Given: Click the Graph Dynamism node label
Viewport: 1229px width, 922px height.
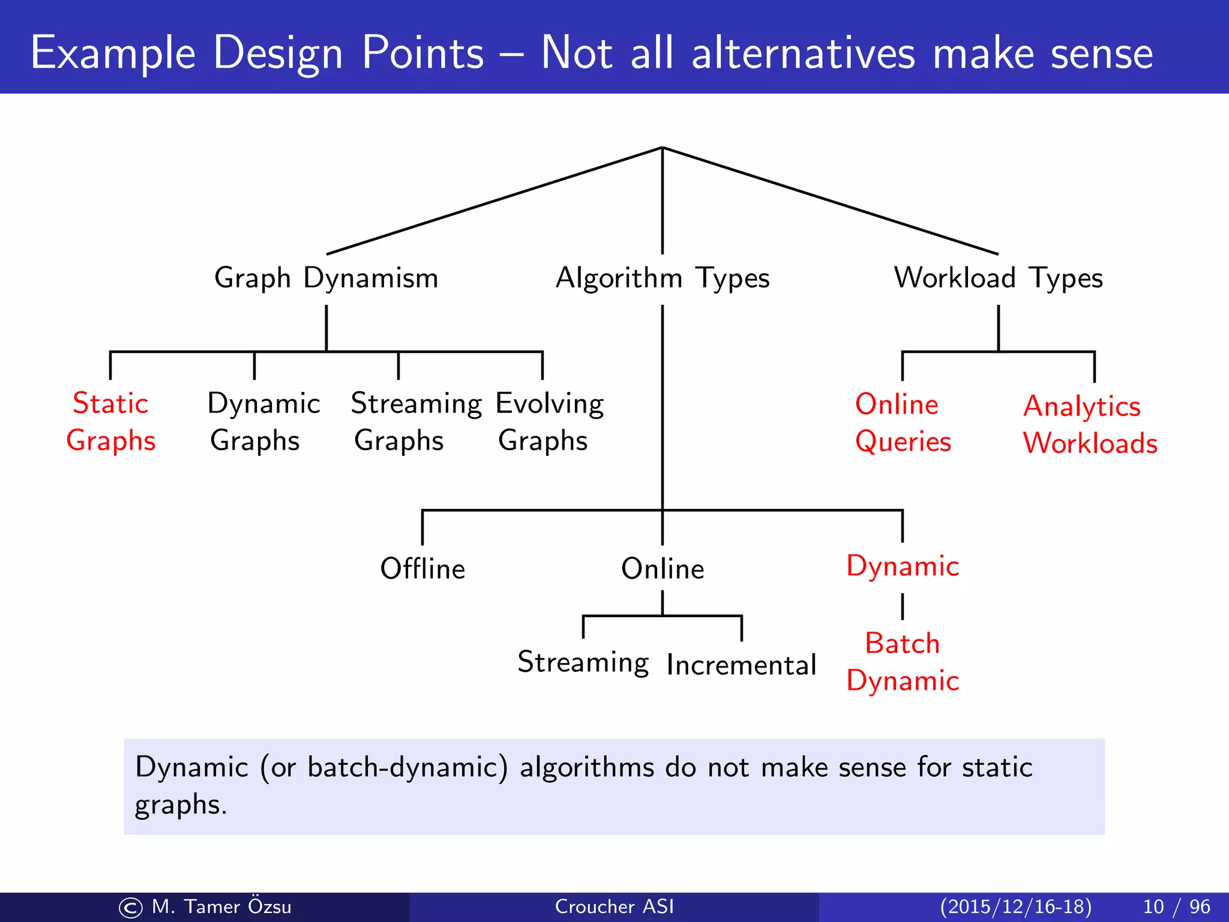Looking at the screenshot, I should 326,279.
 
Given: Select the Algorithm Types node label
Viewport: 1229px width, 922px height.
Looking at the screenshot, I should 662,279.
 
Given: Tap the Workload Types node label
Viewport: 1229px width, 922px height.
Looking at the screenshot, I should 998,279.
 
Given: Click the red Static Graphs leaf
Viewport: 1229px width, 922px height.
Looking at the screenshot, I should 110,421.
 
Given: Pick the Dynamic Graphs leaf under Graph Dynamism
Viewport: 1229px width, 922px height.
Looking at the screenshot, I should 263,421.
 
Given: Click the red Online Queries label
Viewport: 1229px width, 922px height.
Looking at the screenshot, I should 902,423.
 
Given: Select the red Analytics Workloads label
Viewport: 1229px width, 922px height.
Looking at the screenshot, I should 1089,424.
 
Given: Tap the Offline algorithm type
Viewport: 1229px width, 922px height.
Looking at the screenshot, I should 422,568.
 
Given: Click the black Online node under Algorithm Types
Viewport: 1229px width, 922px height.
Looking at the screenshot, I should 662,568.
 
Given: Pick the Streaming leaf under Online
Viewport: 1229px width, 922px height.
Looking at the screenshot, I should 583,663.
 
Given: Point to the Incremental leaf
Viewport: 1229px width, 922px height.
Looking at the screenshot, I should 741,665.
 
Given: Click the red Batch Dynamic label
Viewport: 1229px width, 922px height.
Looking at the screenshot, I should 902,662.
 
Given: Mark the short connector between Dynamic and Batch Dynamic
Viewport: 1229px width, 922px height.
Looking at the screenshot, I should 902,606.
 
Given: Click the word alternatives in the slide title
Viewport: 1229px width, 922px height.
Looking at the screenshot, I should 804,53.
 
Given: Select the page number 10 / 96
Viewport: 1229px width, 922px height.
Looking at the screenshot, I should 1176,906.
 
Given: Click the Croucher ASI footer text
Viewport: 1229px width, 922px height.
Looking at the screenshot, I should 614,906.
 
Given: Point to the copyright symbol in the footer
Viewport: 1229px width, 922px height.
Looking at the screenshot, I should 131,908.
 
